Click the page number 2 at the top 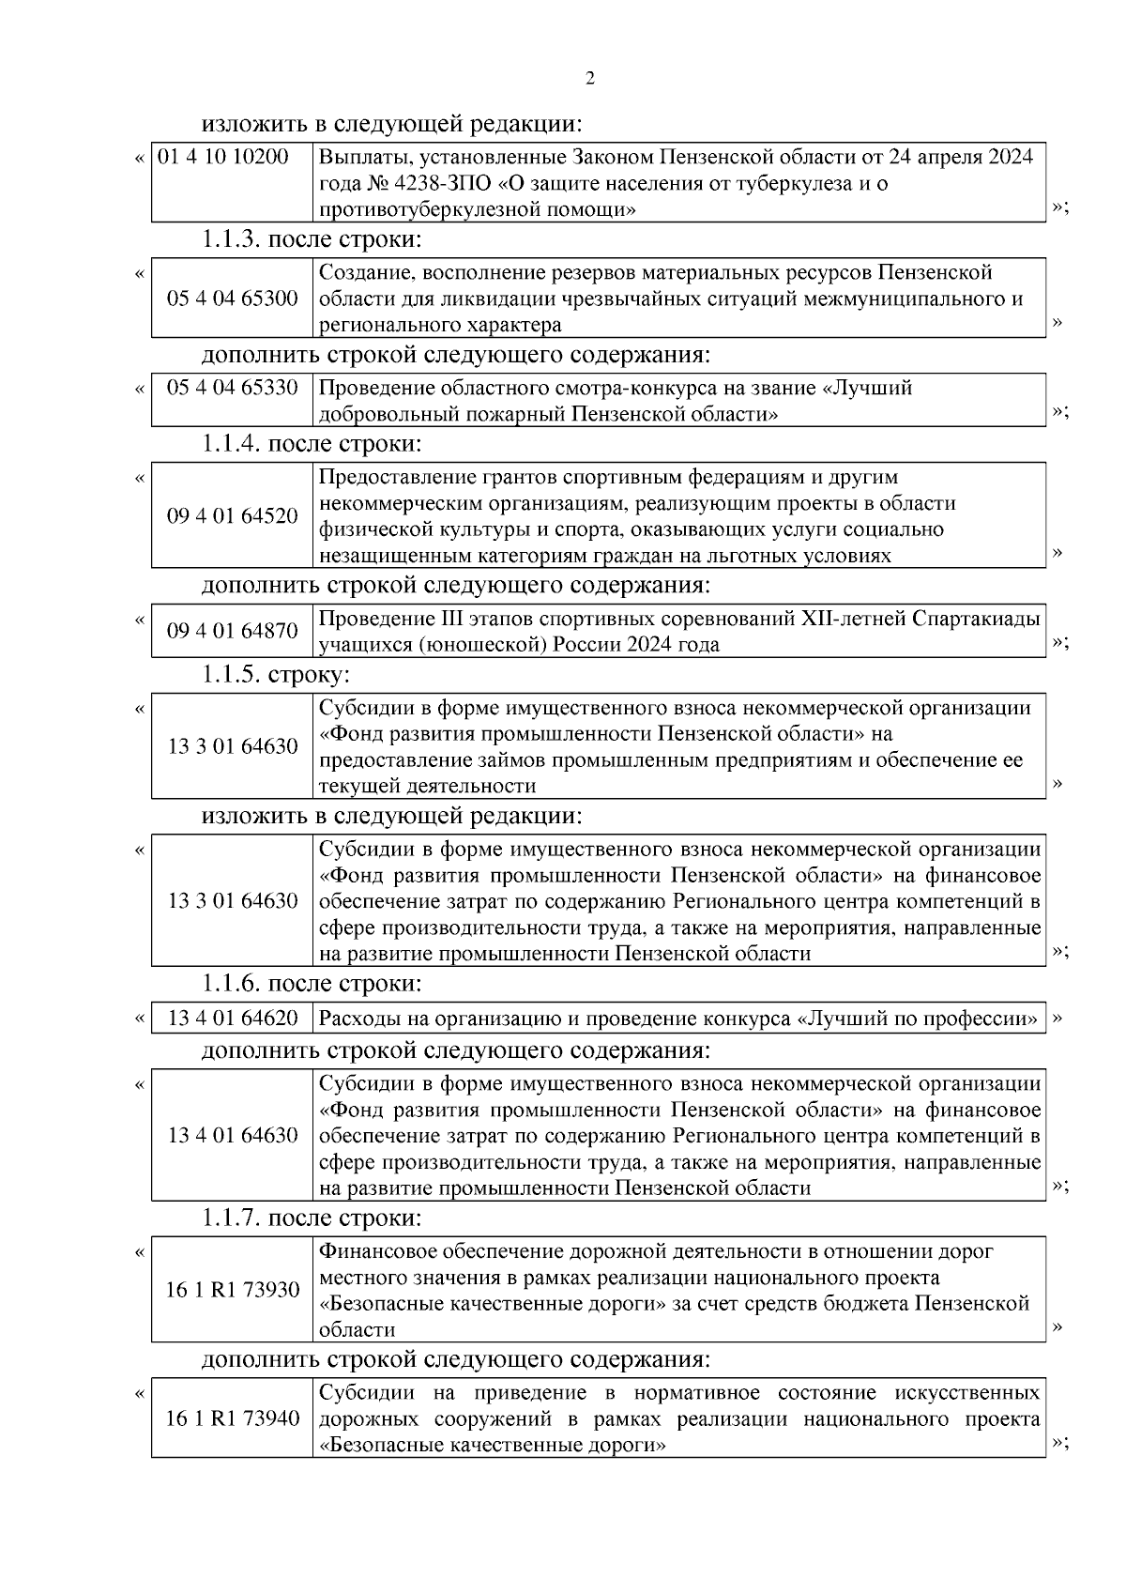point(589,79)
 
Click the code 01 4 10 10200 point(223,157)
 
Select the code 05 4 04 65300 point(233,299)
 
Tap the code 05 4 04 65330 point(233,388)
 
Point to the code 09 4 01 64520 point(233,515)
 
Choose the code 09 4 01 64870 point(233,631)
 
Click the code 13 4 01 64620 point(233,1019)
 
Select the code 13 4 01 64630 point(233,1136)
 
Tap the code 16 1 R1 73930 point(233,1290)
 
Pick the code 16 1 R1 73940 point(233,1418)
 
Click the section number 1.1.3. point(231,239)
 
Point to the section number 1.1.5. point(231,674)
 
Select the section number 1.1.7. point(231,1218)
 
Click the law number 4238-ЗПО point(437,183)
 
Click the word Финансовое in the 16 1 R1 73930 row point(377,1251)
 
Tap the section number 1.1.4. point(231,443)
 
